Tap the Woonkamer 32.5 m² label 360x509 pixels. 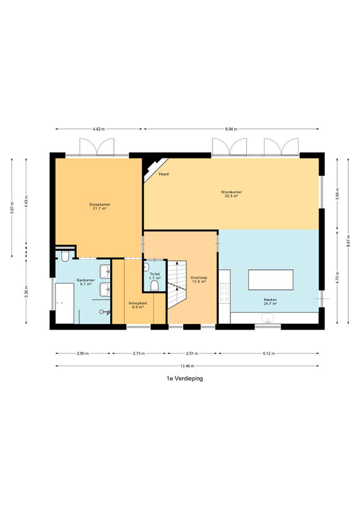231,194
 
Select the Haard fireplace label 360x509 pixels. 163,174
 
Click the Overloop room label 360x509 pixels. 198,278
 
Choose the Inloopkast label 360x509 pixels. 138,303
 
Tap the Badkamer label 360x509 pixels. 86,280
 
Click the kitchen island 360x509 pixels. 271,279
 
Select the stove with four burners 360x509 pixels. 225,293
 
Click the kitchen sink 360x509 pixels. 268,318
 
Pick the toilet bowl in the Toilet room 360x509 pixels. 155,286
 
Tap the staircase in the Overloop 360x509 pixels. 177,284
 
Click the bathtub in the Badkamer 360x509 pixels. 65,303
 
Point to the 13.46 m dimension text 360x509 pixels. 187,366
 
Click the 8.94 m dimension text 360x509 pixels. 231,129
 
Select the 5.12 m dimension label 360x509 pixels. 269,353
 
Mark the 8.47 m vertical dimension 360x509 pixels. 349,241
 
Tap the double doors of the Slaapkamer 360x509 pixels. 97,147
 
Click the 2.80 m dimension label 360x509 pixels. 83,353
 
